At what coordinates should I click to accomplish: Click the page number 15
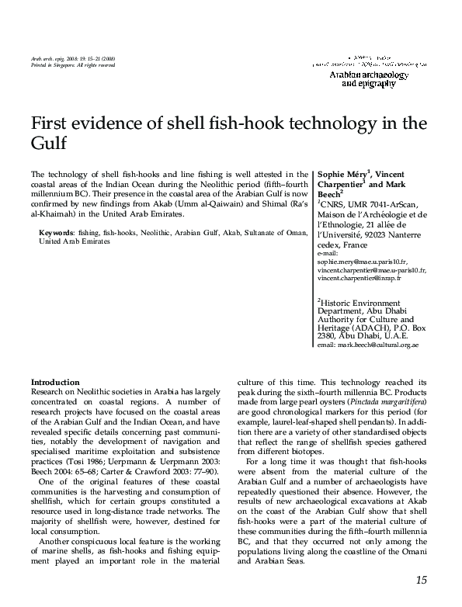tap(421, 580)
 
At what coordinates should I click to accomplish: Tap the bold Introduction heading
tap(54, 383)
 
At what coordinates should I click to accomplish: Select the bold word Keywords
tap(56, 233)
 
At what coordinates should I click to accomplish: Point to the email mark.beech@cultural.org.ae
tap(368, 344)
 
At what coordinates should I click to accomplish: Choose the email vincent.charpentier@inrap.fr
tap(360, 277)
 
